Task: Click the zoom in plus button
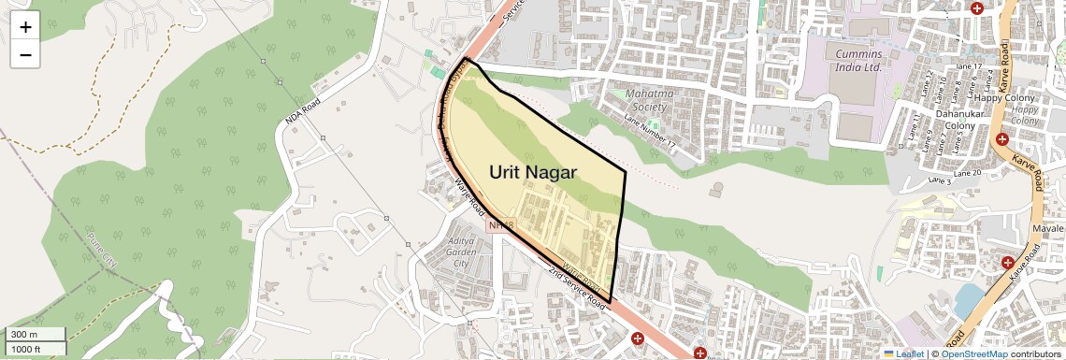[x=25, y=27]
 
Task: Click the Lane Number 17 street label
[x=649, y=131]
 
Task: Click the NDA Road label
[x=303, y=113]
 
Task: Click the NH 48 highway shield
[x=501, y=225]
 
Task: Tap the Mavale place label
[x=1047, y=228]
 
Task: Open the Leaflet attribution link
[x=904, y=353]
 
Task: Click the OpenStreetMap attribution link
[x=973, y=353]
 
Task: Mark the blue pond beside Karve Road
[x=969, y=299]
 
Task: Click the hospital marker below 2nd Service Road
[x=638, y=338]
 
